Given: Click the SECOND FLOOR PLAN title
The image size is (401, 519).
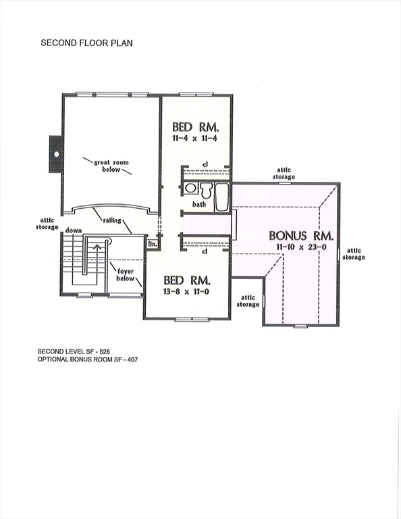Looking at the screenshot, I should tap(87, 42).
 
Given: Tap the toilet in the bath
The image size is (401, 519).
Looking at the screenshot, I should tap(207, 189).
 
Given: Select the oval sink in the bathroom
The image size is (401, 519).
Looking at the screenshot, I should tap(191, 188).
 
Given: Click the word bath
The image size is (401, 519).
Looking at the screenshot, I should tap(198, 203).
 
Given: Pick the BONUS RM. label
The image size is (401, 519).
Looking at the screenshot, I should tap(302, 236).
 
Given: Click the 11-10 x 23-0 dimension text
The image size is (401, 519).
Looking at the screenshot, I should tap(302, 248).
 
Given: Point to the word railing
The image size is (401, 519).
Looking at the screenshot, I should tap(112, 220).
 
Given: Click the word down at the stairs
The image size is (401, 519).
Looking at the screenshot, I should tap(74, 230).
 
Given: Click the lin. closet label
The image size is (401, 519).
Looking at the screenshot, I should tap(153, 243).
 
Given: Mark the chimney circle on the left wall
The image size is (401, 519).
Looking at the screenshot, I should tap(56, 153).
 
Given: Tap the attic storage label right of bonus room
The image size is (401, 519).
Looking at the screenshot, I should tap(354, 253).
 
